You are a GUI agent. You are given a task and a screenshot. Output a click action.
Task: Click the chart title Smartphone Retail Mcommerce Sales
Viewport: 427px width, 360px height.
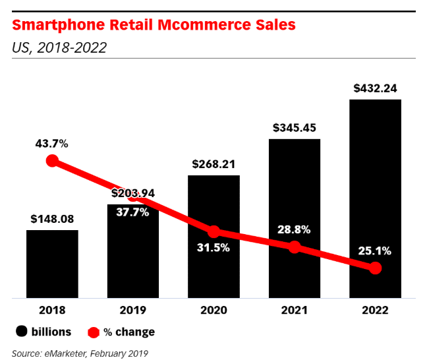(x=154, y=26)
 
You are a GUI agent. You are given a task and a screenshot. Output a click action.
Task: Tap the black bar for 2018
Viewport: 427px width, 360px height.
(x=52, y=264)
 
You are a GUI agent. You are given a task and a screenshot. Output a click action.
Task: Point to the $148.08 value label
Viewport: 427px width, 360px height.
(x=52, y=219)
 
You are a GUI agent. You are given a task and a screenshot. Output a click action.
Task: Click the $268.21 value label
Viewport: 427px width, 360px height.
(x=213, y=164)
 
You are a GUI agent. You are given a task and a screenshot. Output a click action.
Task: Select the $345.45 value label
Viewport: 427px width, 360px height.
(x=295, y=128)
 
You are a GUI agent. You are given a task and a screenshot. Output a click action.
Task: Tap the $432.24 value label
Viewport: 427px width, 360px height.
(x=375, y=88)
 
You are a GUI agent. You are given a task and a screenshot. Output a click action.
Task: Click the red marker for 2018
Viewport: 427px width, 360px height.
(x=52, y=162)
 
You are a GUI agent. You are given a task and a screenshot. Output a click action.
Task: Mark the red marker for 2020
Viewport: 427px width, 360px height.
(x=213, y=232)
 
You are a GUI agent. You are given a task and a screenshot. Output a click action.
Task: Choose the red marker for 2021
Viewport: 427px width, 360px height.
(x=295, y=247)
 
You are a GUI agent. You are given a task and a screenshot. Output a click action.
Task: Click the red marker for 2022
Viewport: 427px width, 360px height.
(x=375, y=268)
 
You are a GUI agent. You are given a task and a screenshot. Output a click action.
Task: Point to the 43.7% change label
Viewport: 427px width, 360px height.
(x=52, y=143)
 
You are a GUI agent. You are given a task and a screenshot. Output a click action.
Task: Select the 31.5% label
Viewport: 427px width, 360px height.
(x=213, y=248)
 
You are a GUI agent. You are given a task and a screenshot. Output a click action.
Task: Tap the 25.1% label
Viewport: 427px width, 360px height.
(x=375, y=251)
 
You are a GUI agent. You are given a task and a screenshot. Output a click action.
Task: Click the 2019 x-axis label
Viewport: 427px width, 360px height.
(x=132, y=310)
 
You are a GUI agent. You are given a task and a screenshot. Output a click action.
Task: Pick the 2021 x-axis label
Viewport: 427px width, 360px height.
(x=295, y=310)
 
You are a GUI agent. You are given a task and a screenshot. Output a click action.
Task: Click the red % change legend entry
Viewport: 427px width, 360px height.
(x=121, y=332)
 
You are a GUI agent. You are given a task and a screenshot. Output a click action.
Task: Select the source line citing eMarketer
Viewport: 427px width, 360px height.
(x=80, y=353)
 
